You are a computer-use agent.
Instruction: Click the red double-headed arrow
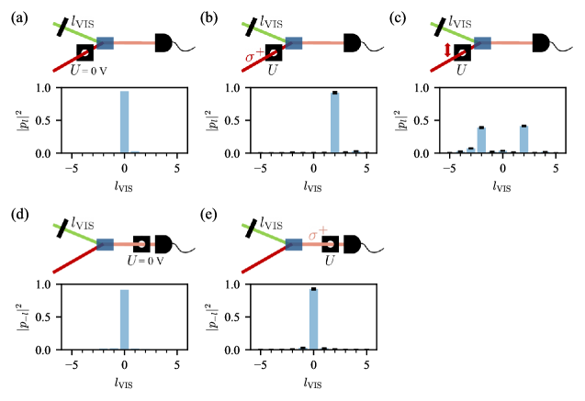point(448,52)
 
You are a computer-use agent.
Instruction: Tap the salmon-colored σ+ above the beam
point(318,235)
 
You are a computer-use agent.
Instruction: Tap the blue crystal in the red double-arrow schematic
point(481,43)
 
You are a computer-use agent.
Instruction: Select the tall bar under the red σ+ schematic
point(335,121)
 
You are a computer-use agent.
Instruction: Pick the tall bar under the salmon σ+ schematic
point(313,318)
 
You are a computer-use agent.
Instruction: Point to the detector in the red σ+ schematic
point(352,43)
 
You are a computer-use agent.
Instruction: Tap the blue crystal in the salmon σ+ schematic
point(294,244)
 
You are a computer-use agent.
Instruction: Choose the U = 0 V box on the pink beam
point(141,244)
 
